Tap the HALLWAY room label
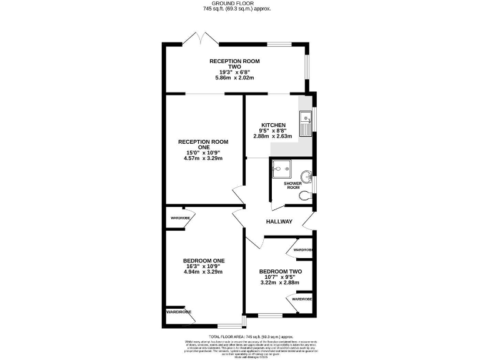click(279, 221)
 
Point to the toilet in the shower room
click(304, 196)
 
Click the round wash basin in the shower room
click(306, 176)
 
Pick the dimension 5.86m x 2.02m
click(234, 78)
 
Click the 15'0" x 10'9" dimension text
click(203, 152)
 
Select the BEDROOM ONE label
click(204, 261)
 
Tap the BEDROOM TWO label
click(281, 271)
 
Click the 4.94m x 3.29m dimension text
click(203, 272)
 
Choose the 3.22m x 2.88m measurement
click(281, 283)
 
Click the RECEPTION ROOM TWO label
click(234, 64)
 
